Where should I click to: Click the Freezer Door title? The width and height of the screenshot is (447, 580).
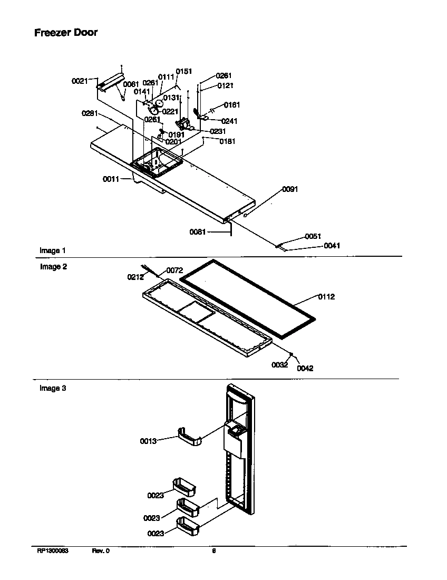tap(66, 32)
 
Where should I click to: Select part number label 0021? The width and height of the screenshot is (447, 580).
tap(79, 81)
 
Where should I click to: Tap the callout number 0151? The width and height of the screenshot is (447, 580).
tap(184, 72)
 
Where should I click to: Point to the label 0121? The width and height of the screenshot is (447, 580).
tap(225, 85)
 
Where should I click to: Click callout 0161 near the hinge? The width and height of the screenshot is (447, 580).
tap(232, 105)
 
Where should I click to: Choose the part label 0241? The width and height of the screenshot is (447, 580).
tap(229, 121)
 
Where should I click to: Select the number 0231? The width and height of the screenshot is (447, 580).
tap(218, 131)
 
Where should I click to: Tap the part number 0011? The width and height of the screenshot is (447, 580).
tap(111, 179)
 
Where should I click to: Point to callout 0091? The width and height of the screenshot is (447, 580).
tap(290, 189)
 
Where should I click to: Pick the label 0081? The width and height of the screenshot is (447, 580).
tap(198, 231)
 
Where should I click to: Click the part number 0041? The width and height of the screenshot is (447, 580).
tap(332, 246)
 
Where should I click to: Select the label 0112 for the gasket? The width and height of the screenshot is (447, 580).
tap(326, 297)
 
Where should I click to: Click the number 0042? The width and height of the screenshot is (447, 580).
tap(305, 369)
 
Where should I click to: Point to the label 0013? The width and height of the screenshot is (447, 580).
tap(148, 441)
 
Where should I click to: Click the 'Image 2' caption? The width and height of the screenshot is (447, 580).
tap(53, 267)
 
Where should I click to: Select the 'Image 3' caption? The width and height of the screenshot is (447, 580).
tap(53, 389)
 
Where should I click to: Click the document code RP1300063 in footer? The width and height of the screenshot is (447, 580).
tap(53, 551)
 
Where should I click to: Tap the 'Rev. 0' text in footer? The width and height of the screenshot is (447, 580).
tap(101, 551)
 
